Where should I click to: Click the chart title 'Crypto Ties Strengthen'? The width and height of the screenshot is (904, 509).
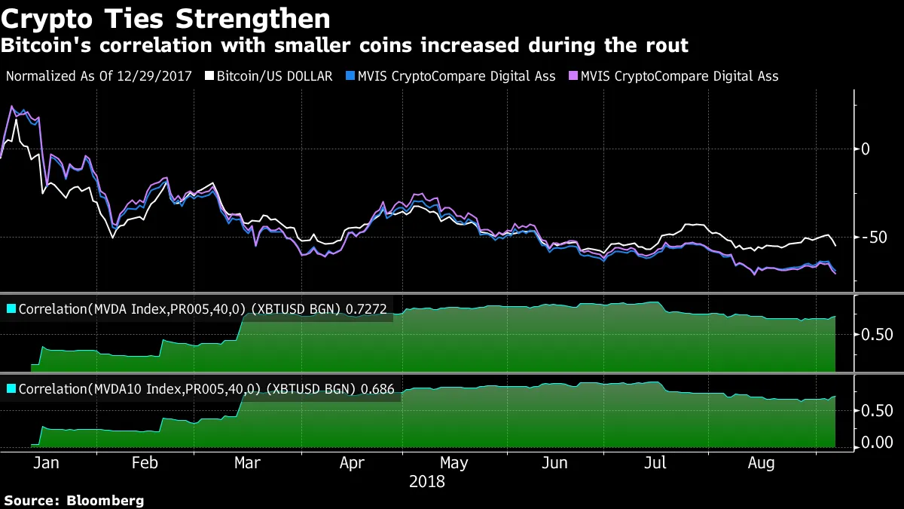point(166,18)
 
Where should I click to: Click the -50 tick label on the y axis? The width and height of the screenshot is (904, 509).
point(876,238)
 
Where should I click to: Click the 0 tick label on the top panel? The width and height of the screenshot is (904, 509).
point(866,149)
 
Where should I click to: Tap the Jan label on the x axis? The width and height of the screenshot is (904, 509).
point(46,463)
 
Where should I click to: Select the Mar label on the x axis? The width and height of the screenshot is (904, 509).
point(247,463)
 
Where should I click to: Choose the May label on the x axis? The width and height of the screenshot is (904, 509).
point(454,463)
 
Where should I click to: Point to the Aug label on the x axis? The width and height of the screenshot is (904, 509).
point(760,463)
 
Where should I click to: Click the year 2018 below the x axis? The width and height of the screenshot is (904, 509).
point(426,481)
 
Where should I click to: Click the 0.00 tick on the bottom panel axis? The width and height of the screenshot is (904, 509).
point(878,443)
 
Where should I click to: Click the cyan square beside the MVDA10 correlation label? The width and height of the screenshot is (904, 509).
point(11,389)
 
